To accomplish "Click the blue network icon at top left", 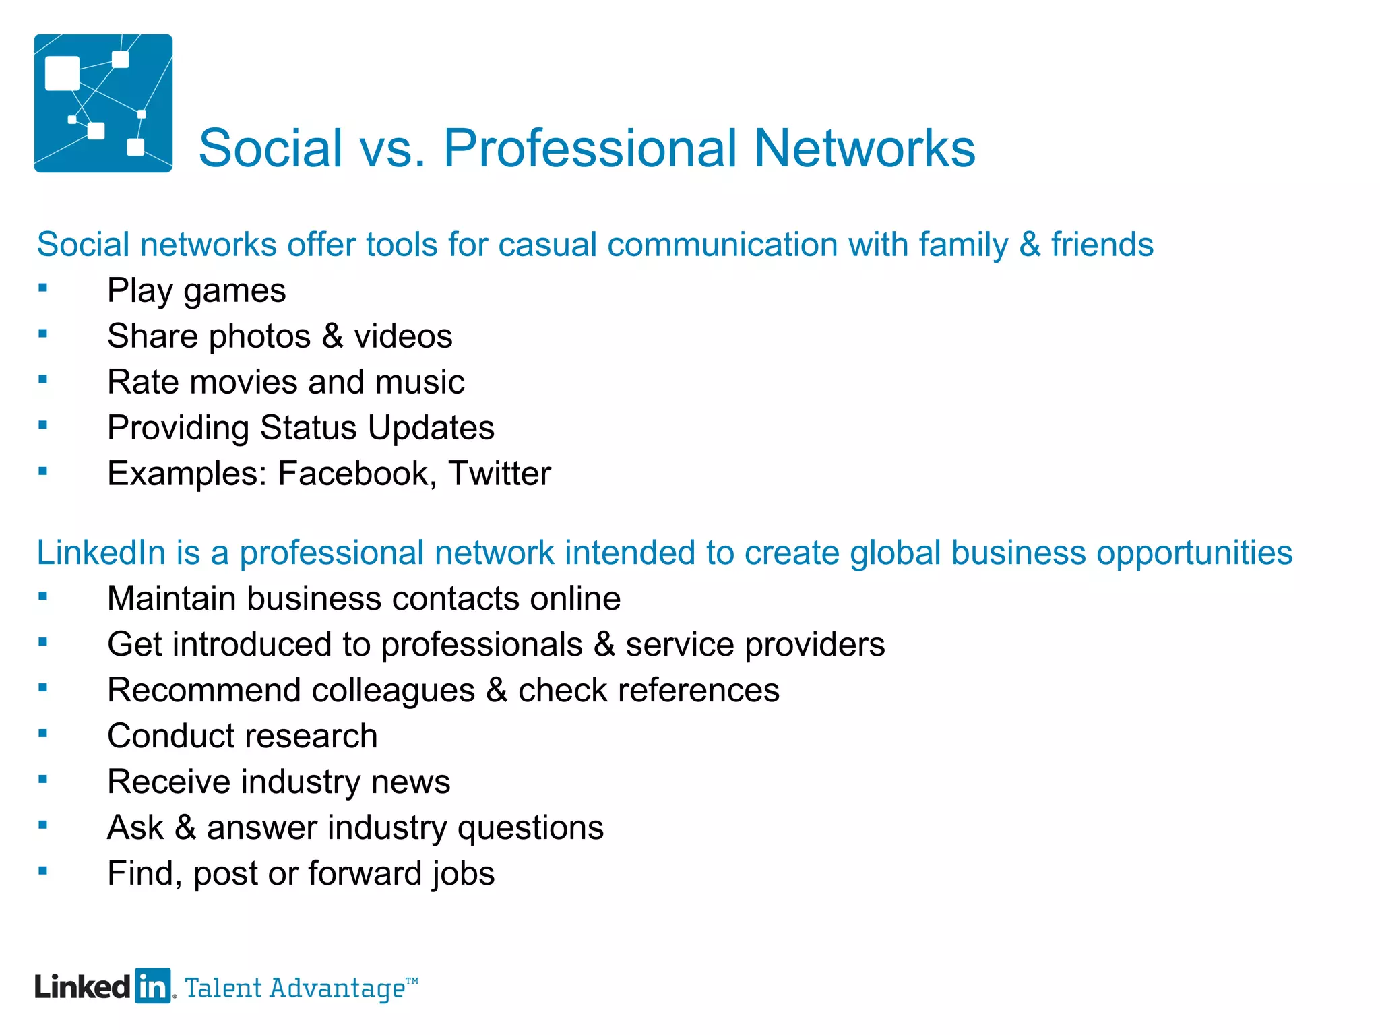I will pos(103,103).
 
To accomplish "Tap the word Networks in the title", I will pos(865,148).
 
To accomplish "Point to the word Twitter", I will pos(499,474).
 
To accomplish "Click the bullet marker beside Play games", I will pos(43,288).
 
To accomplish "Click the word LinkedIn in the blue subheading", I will pos(101,553).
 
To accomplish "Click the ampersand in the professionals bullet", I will pos(604,644).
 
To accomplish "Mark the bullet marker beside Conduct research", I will pos(43,734).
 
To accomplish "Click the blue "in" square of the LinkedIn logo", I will pos(153,986).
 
